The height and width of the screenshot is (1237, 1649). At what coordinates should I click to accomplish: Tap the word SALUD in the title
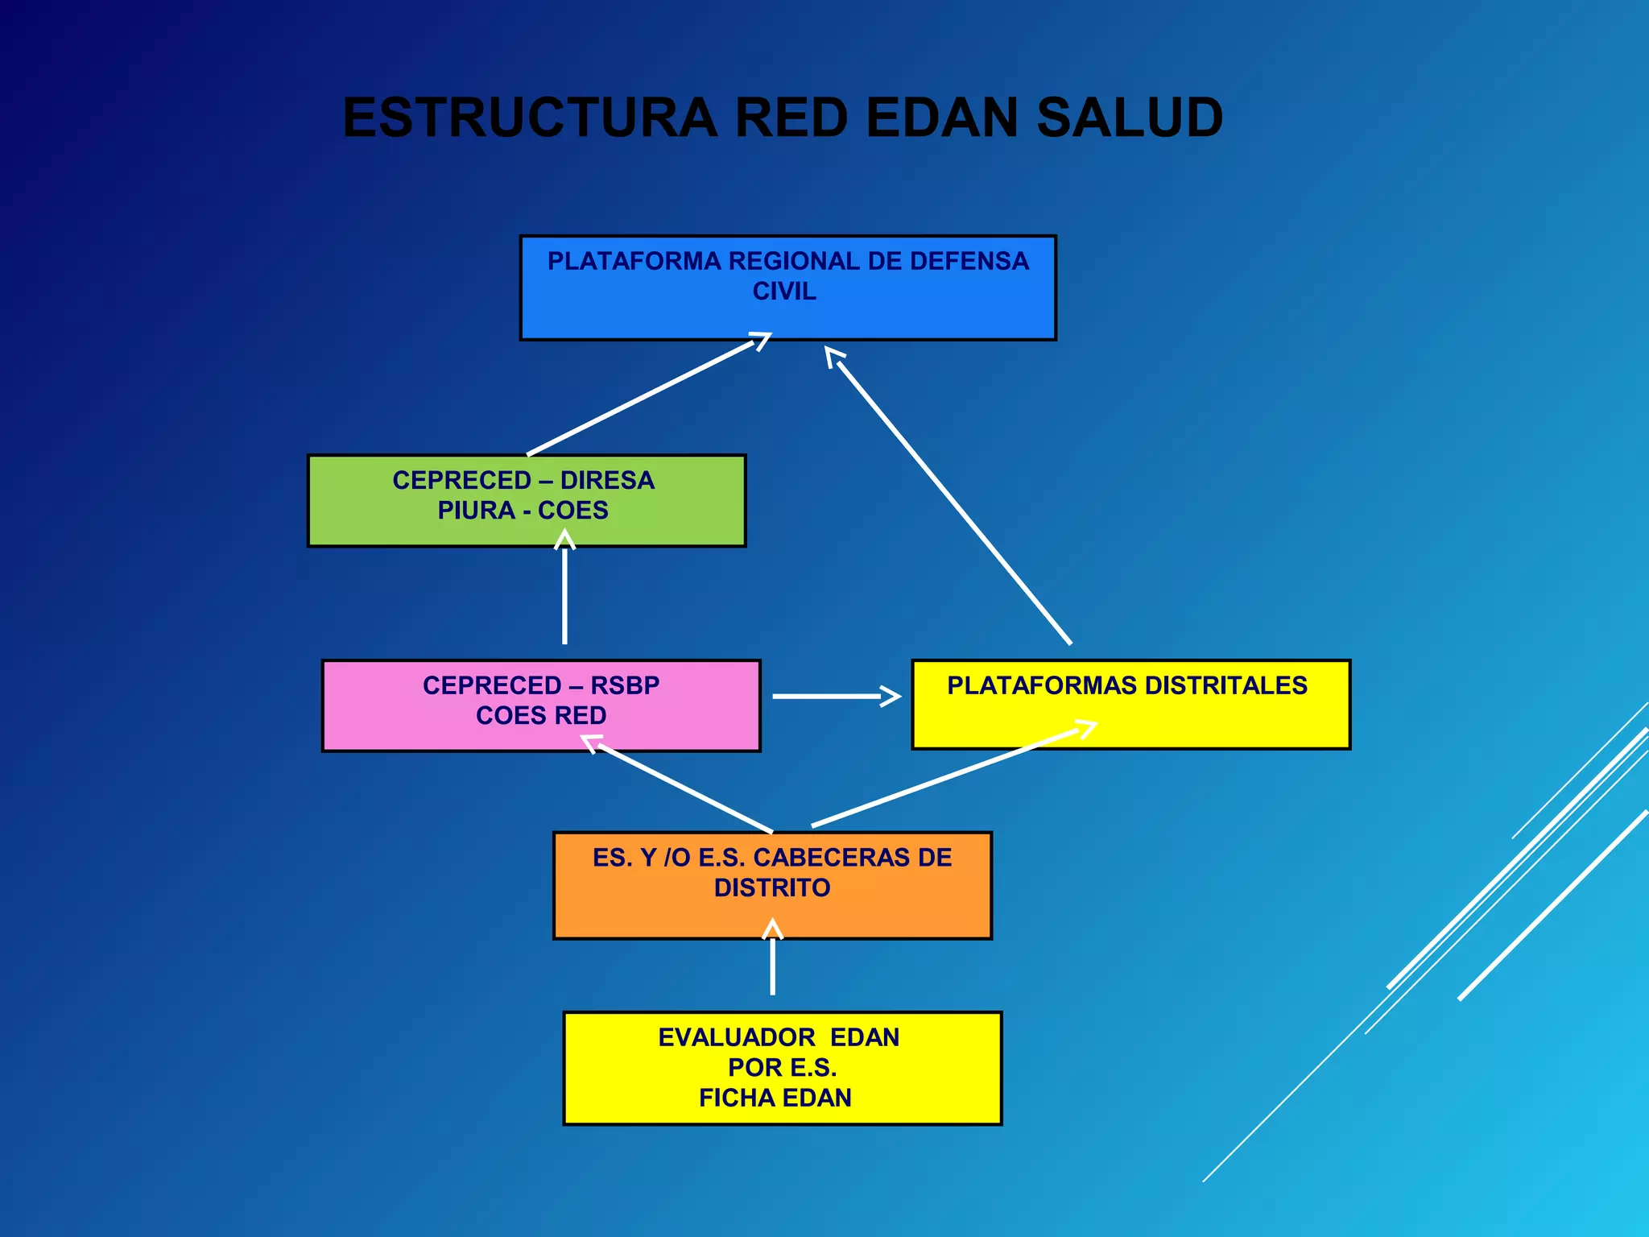pos(1129,118)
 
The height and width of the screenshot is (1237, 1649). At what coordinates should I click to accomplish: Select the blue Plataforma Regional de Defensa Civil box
pos(787,314)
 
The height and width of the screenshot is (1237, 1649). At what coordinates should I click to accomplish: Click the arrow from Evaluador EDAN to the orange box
pos(772,962)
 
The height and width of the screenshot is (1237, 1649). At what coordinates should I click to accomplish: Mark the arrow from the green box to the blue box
pos(644,397)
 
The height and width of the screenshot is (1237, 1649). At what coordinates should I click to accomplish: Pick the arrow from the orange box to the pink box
pos(684,788)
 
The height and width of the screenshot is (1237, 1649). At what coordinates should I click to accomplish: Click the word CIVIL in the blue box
pos(784,291)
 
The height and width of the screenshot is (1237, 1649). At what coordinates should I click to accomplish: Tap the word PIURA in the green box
pos(476,511)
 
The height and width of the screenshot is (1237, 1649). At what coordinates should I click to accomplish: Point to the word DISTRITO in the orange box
pos(772,887)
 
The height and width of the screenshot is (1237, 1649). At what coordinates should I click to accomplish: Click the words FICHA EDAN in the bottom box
pos(775,1098)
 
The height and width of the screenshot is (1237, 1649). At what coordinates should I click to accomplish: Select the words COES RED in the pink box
pos(541,715)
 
